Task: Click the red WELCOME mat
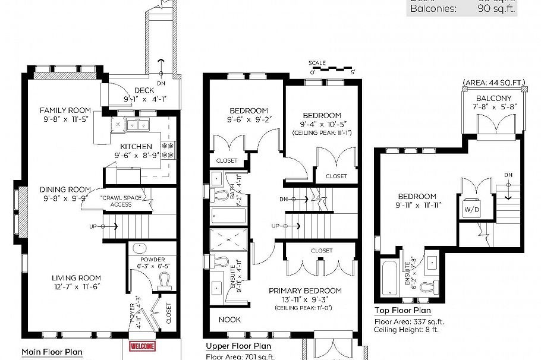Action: [x=142, y=346]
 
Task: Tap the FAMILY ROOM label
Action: [x=65, y=110]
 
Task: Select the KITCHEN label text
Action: [x=136, y=146]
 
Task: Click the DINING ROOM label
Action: [x=65, y=190]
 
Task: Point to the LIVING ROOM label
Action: [x=76, y=277]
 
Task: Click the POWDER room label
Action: [x=153, y=260]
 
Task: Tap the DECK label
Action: [x=144, y=90]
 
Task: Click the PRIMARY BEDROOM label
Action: [x=305, y=290]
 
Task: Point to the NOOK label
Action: [x=229, y=320]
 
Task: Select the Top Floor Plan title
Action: [x=403, y=311]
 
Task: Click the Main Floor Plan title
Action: [x=52, y=352]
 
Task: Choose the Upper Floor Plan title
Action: [x=238, y=346]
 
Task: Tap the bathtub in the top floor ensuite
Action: [x=389, y=277]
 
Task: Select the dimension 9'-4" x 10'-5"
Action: [x=322, y=125]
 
